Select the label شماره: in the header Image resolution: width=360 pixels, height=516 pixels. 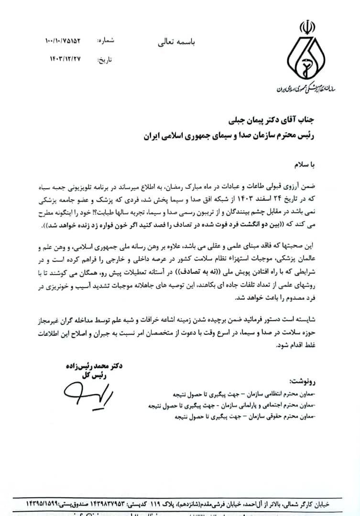click(106, 41)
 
